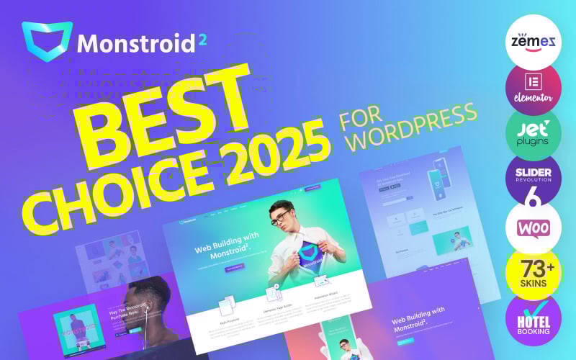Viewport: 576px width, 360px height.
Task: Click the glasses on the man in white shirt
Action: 282,220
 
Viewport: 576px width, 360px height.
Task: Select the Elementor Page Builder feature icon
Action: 273,293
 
